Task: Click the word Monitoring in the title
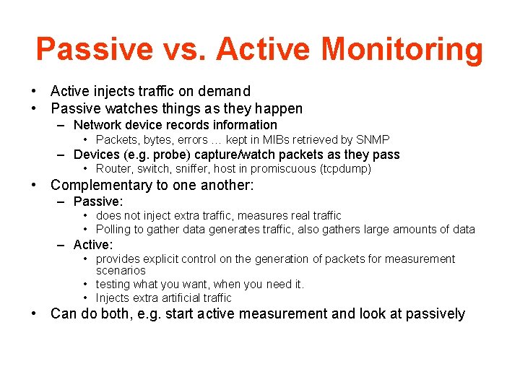pos(402,50)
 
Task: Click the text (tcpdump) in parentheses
pos(344,169)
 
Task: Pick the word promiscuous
pos(286,169)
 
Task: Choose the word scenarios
pos(121,271)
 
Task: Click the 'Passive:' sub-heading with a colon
pos(98,201)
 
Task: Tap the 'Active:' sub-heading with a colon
pos(93,245)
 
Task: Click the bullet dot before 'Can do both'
pos(34,314)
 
